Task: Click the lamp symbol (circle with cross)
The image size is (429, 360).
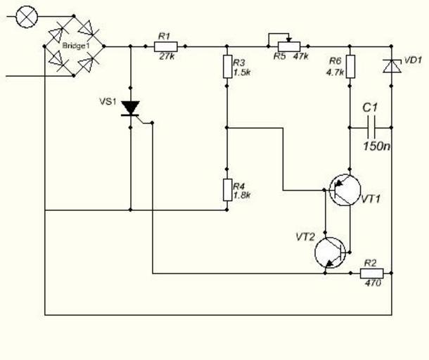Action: [27, 16]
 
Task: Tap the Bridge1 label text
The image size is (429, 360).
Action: [75, 46]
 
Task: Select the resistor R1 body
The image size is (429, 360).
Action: [165, 46]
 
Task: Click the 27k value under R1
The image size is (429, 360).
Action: [167, 57]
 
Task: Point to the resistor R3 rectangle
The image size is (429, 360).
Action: [227, 67]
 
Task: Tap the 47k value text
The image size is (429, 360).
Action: [300, 57]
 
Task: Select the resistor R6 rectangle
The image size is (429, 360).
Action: [350, 66]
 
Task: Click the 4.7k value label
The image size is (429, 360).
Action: [335, 72]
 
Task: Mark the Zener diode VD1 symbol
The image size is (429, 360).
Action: [391, 66]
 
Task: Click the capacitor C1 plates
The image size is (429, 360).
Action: [371, 127]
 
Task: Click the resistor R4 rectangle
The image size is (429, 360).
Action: [227, 189]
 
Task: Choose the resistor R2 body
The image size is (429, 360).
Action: [372, 273]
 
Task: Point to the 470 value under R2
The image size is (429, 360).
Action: [373, 284]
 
